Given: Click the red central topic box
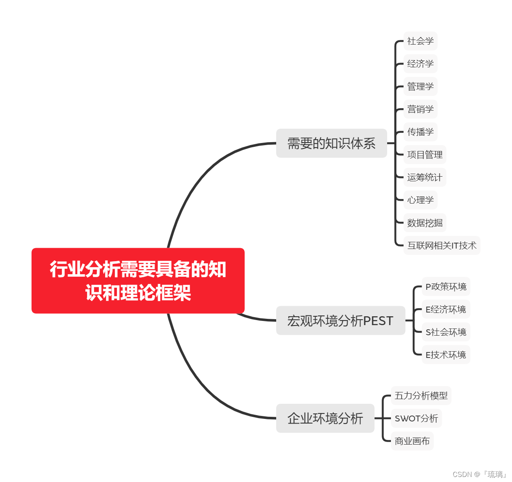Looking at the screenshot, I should point(138,281).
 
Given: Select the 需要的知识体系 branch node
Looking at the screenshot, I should point(331,143).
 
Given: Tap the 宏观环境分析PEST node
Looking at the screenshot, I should point(340,320).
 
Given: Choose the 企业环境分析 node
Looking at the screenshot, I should point(325,418).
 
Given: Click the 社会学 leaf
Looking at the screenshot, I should point(420,41).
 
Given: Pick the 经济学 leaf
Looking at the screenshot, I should point(420,64).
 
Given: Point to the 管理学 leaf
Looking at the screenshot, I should point(420,87).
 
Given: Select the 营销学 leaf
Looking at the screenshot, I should point(420,109).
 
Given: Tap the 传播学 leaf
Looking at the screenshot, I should point(420,132).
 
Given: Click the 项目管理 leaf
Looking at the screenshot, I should point(425,155).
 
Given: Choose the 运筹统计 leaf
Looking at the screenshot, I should point(425,177).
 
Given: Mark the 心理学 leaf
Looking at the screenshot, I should point(420,200).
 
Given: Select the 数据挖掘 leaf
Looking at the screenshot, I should point(425,223).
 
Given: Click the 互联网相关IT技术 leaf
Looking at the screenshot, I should point(441,246).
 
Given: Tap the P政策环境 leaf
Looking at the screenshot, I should point(446,287).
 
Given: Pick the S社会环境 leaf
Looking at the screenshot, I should point(446,332).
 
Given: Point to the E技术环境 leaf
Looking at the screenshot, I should point(446,355).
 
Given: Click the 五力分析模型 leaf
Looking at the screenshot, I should point(421,396).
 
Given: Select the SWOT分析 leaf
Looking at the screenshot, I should point(416,418).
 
